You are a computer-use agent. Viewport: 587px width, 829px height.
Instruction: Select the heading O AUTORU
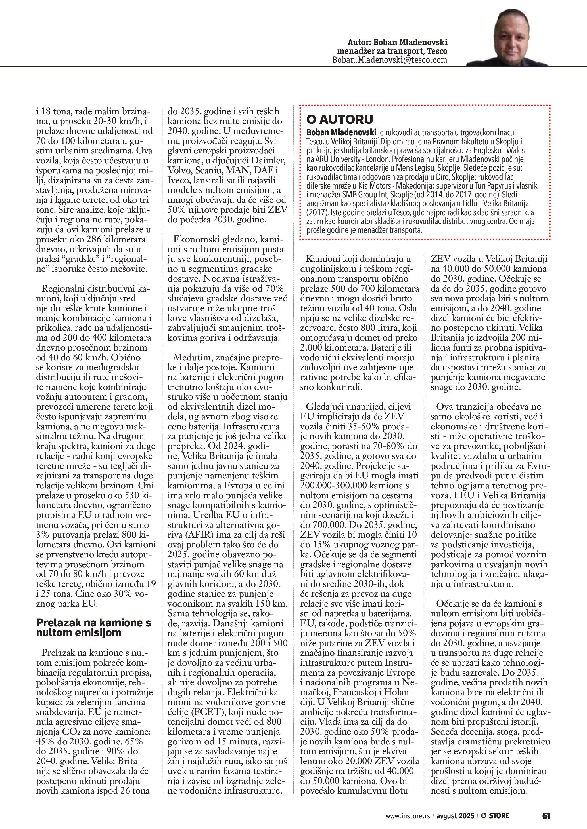339,119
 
